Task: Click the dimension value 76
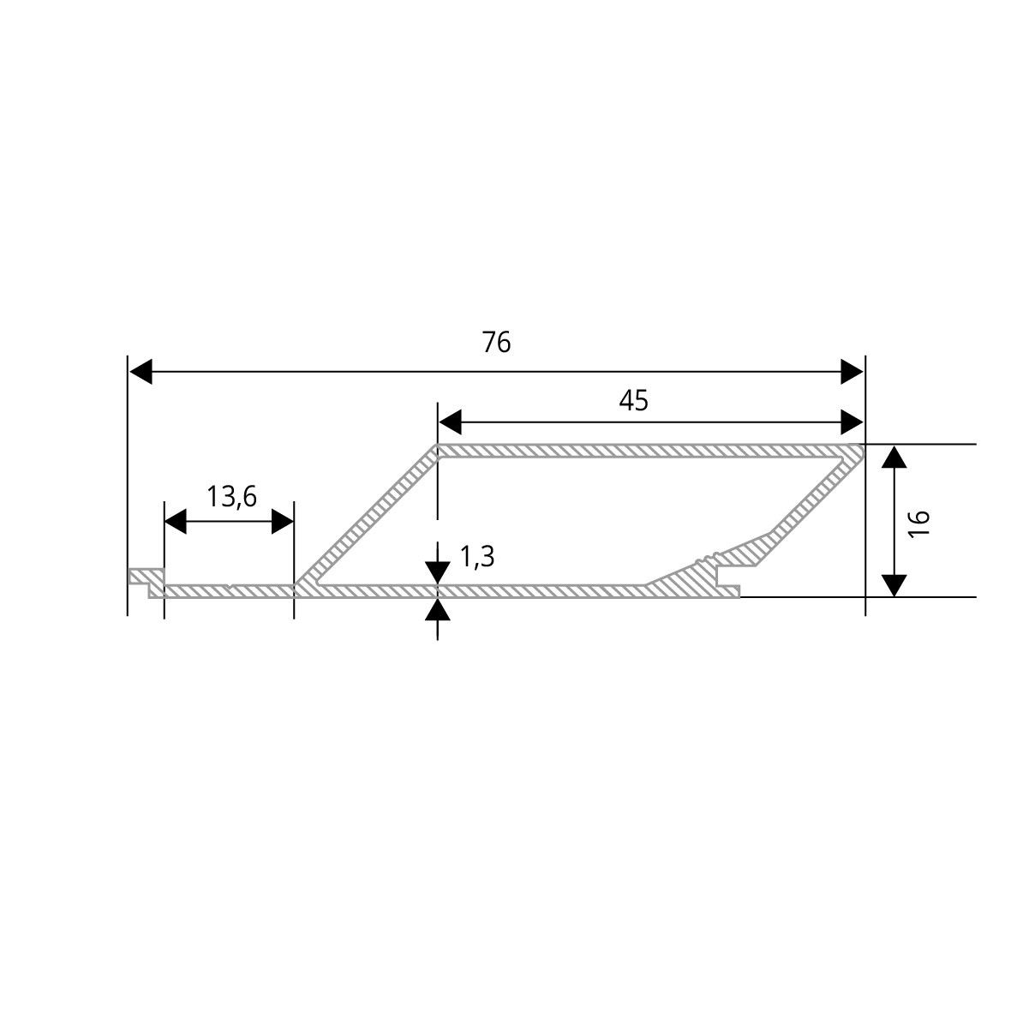496,343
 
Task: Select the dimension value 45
634,400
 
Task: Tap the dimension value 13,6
232,496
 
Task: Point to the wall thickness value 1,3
477,558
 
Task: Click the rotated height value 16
919,523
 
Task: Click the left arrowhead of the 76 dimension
141,372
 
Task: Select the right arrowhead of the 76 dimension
853,372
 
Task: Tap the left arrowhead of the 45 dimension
451,422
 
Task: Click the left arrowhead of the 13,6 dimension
176,521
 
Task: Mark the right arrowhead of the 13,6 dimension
282,521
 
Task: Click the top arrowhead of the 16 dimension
894,456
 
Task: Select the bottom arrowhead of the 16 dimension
894,585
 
